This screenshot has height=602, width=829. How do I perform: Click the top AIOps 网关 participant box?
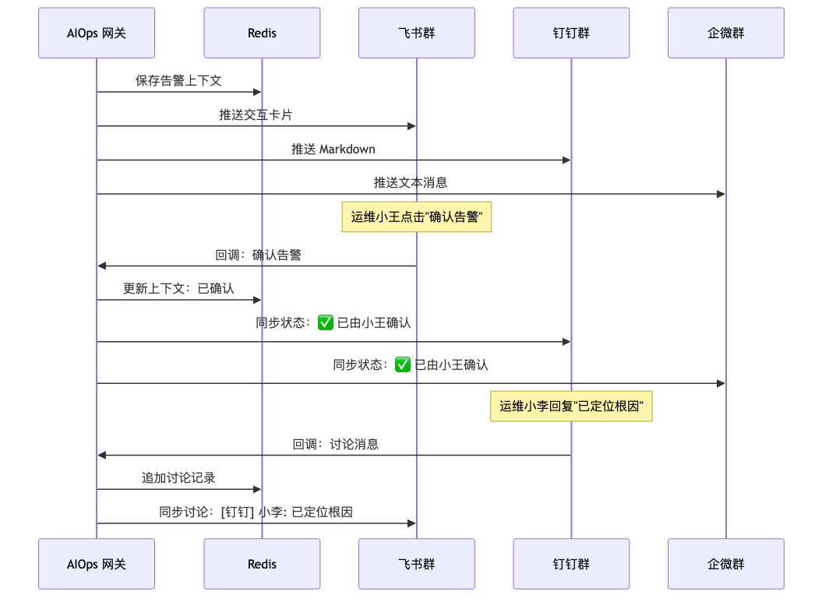pos(97,33)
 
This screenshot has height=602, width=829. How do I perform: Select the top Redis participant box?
pos(263,33)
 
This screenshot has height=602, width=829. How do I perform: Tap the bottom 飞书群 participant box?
pos(417,564)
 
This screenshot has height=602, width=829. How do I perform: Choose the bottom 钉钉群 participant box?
pos(572,564)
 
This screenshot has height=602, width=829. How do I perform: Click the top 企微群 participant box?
pos(726,33)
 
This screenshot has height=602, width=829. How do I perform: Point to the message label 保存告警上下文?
pos(178,80)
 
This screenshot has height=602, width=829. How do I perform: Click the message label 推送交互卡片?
pos(256,114)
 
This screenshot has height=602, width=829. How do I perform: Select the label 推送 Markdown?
pos(333,149)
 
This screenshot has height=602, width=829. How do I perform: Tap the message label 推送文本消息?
pos(411,183)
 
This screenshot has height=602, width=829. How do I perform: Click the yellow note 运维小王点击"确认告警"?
pos(417,217)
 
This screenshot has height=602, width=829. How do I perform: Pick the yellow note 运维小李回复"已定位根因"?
pos(572,406)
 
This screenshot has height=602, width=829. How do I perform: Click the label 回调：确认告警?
pos(258,255)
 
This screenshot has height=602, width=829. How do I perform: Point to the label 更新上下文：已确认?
pos(178,289)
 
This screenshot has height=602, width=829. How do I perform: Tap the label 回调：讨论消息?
pos(336,444)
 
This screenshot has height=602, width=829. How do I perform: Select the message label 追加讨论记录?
pos(178,478)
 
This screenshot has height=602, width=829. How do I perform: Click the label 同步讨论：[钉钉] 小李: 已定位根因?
pos(256,512)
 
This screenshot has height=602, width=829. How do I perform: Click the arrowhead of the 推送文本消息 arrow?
pos(721,194)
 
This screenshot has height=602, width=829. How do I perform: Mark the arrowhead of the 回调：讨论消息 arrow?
pos(102,455)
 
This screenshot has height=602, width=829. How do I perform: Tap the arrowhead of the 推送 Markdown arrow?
pos(566,160)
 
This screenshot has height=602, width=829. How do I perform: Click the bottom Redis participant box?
pos(263,564)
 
